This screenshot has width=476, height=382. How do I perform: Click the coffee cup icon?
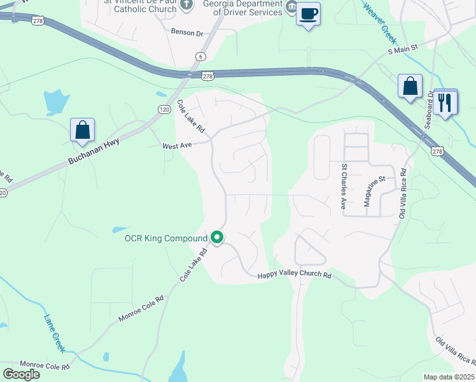coord(309,13)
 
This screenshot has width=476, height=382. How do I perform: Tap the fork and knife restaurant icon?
coord(445,102)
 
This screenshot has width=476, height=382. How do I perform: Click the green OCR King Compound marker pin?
coord(217,238)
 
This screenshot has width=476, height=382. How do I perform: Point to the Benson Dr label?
coord(186,31)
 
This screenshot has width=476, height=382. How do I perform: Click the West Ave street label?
coord(177,146)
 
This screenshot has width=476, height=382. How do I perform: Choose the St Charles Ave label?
coord(344,187)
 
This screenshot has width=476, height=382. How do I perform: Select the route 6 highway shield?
coord(201,56)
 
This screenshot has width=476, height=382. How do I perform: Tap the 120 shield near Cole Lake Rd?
coord(164,110)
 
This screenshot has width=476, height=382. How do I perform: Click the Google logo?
coord(21,374)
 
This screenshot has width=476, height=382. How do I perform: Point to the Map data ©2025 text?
coord(449,377)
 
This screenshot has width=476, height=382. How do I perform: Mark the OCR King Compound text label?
coord(166,238)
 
